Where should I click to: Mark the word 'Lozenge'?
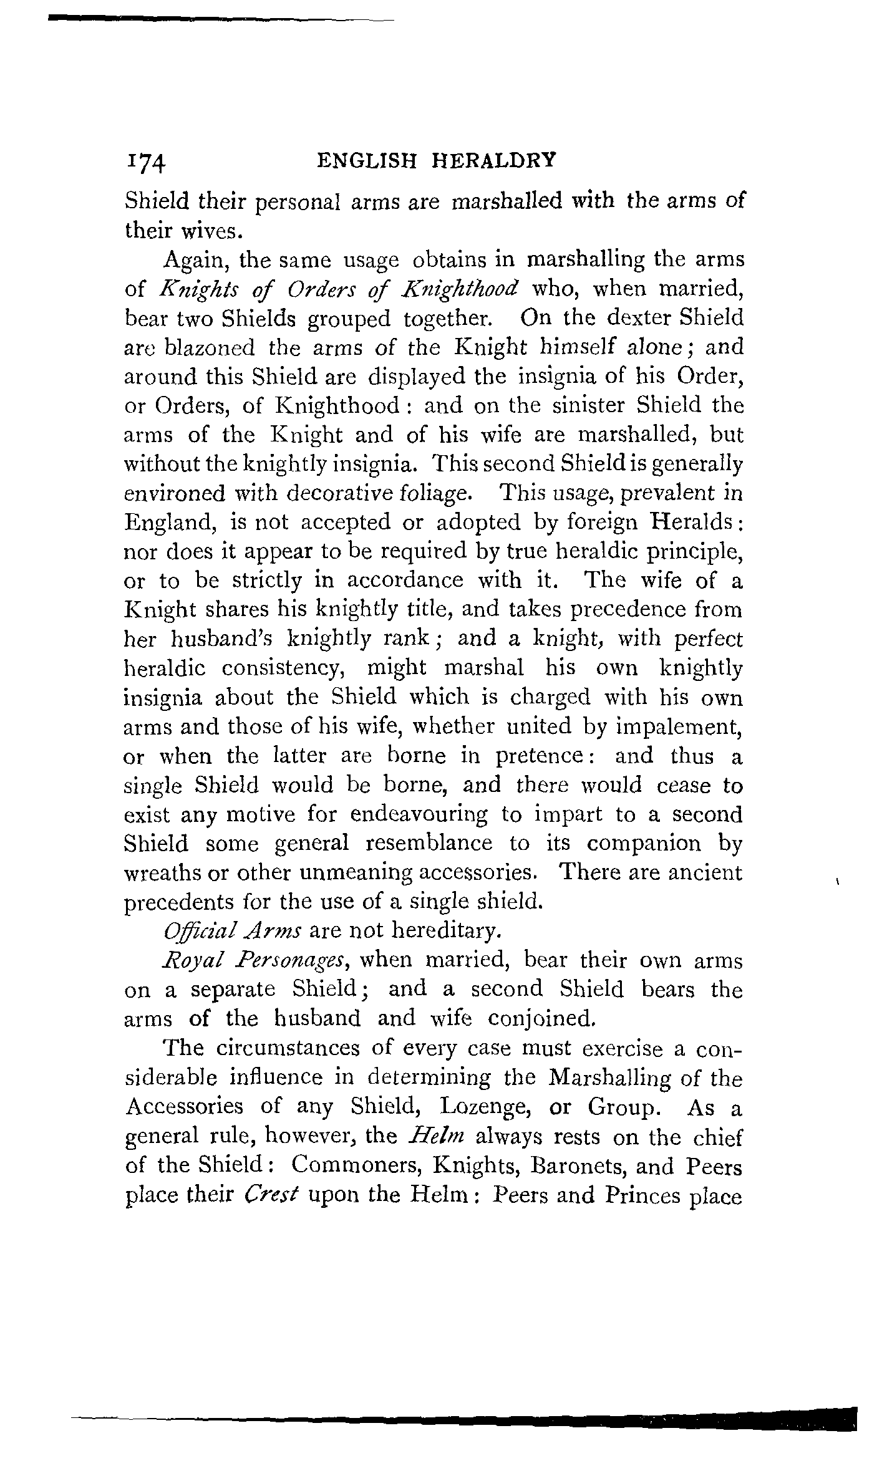(x=480, y=1107)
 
